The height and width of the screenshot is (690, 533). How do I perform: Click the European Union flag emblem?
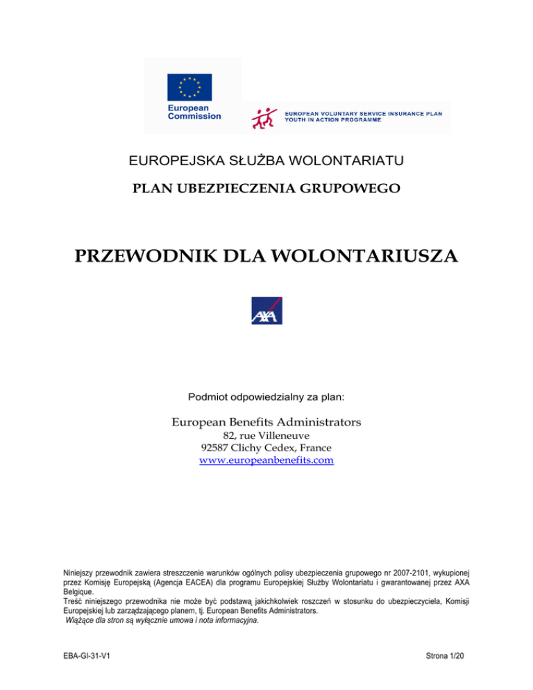pos(189,87)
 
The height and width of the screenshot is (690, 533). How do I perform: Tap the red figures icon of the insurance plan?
pos(262,117)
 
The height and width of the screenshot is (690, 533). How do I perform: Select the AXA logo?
pos(266,310)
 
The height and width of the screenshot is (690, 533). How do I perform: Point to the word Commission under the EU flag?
pos(194,116)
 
